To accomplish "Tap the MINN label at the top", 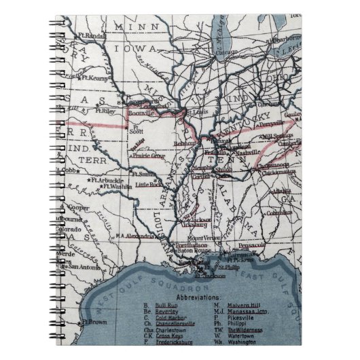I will click(131, 26).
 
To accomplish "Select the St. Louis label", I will click(195, 112).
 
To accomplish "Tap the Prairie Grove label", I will click(150, 155).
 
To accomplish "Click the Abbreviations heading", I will click(198, 298).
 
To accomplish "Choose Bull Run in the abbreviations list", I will click(166, 307).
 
